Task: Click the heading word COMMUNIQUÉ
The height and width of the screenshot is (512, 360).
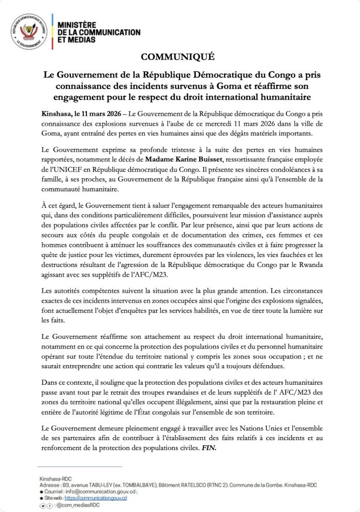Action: pyautogui.click(x=179, y=56)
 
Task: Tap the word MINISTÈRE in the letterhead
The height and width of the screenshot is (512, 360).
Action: pyautogui.click(x=77, y=25)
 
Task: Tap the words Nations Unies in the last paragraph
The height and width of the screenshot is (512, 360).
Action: pyautogui.click(x=275, y=427)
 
